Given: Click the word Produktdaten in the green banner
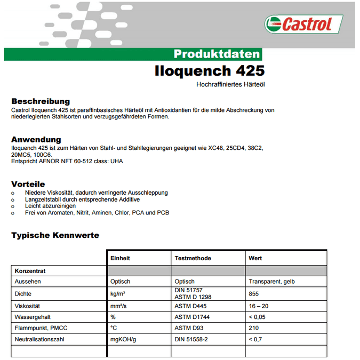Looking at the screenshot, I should [x=217, y=54].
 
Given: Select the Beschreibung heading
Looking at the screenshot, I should [x=41, y=101].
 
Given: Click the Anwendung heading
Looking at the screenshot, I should [x=36, y=140].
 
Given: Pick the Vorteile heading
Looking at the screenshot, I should [x=28, y=184].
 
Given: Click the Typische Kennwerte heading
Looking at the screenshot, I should [x=55, y=235].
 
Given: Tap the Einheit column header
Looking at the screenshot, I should [x=120, y=258].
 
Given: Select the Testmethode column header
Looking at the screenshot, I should [x=193, y=258].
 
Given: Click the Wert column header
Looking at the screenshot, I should [x=255, y=258].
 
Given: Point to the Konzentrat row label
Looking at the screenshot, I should [x=30, y=271].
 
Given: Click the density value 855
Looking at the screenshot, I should [x=254, y=294].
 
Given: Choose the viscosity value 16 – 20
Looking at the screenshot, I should [x=259, y=306].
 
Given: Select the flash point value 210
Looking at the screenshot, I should [x=254, y=328].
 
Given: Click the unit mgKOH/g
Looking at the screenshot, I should [x=124, y=340].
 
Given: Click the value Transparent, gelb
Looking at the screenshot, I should [x=271, y=282].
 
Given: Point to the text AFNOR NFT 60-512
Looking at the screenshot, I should [x=65, y=161].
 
